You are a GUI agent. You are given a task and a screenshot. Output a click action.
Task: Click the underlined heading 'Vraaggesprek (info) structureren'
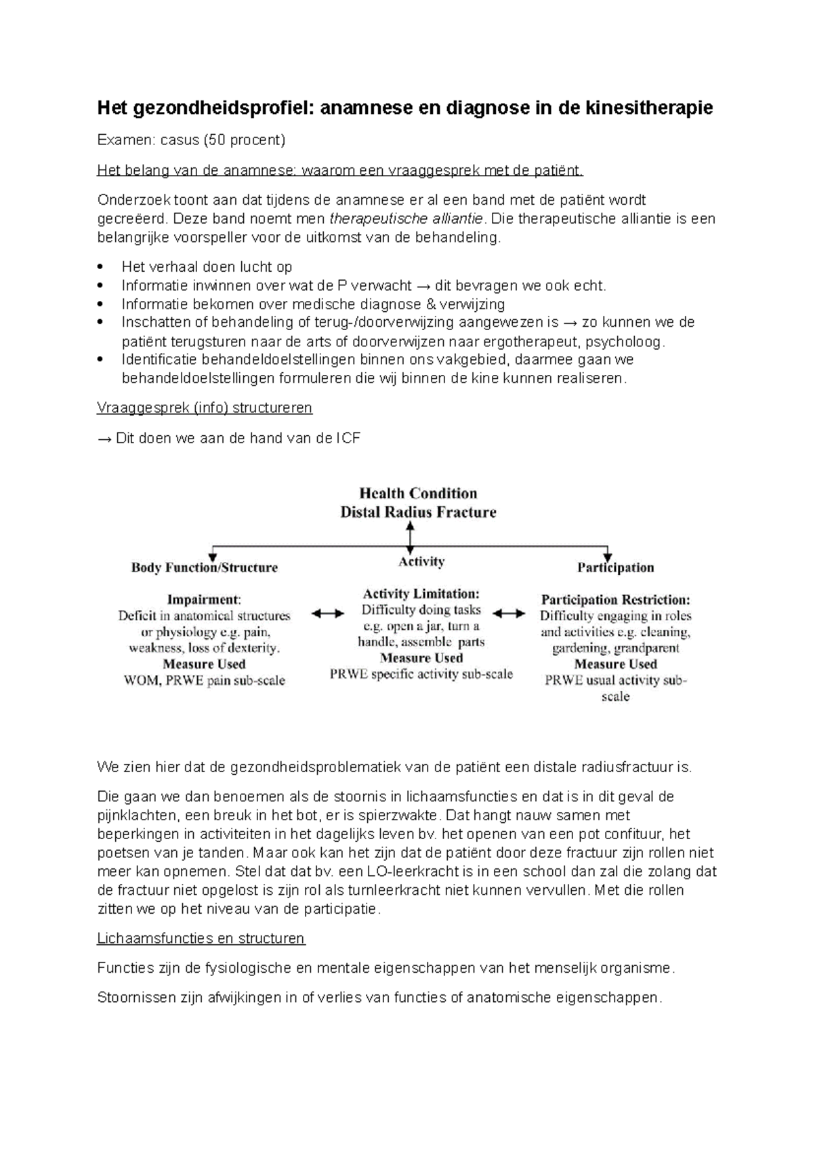click(205, 408)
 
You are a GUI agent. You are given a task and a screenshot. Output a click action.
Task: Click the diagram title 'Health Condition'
click(418, 493)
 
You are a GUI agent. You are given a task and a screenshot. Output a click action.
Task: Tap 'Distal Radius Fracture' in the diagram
click(418, 512)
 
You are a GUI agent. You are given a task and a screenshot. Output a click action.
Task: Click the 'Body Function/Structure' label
click(205, 568)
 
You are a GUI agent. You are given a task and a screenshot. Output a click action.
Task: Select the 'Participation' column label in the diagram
click(615, 568)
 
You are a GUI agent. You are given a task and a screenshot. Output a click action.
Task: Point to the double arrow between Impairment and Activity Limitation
click(328, 614)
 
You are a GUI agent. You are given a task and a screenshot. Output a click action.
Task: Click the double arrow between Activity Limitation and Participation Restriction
click(509, 614)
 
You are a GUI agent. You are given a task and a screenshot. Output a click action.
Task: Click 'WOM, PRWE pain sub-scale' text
click(205, 681)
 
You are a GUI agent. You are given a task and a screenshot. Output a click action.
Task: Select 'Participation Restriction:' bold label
click(615, 599)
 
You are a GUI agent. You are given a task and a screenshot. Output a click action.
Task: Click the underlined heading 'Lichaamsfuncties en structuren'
click(201, 939)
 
